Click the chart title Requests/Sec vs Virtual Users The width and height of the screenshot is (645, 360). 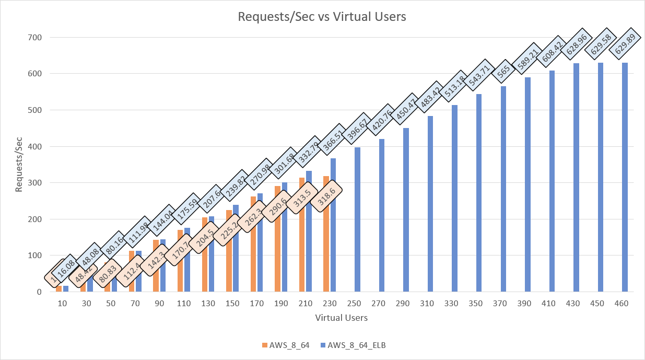(322, 17)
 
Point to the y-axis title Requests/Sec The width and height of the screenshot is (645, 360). (19, 165)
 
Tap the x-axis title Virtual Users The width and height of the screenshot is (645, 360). (342, 318)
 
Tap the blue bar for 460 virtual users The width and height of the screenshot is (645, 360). (625, 178)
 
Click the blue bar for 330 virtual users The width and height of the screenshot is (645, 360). (454, 199)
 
